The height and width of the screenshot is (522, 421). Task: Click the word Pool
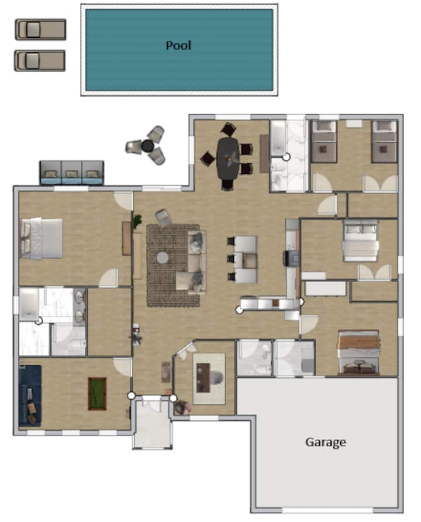(x=178, y=45)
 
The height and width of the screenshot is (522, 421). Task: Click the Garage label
(x=326, y=442)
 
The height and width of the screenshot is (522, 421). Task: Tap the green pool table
(x=97, y=394)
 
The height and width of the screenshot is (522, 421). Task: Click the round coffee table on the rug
(x=163, y=257)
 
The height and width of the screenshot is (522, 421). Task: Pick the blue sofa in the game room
(x=30, y=396)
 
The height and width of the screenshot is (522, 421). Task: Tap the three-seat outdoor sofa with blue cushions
(x=71, y=173)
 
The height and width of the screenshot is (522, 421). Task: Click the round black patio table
(x=147, y=146)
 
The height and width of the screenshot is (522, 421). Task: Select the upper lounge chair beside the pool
(x=40, y=29)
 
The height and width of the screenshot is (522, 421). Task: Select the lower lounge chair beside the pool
(x=40, y=61)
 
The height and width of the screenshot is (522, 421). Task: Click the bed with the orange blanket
(x=358, y=352)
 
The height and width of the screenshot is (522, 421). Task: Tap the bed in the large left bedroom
(x=42, y=238)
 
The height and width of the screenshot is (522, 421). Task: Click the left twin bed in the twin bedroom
(x=323, y=142)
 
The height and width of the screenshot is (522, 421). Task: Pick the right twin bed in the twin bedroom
(x=384, y=142)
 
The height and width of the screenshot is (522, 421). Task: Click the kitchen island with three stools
(x=246, y=259)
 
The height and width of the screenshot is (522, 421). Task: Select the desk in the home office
(x=203, y=377)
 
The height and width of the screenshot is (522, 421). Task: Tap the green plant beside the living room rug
(x=137, y=221)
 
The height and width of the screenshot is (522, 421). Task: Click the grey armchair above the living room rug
(x=164, y=217)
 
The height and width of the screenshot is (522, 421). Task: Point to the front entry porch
(x=152, y=423)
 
